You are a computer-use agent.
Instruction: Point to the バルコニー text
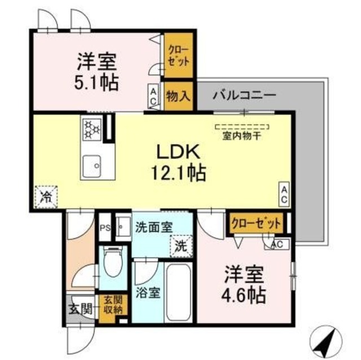[244, 95]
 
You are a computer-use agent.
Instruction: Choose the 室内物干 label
[243, 135]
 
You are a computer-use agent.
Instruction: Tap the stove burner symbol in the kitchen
[91, 129]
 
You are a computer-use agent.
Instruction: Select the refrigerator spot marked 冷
[45, 197]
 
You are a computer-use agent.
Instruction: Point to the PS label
[104, 228]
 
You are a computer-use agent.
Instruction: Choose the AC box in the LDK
[285, 194]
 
